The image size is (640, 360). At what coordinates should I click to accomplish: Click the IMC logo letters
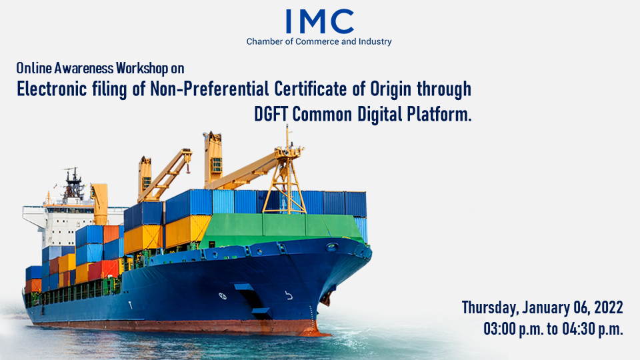tap(319, 21)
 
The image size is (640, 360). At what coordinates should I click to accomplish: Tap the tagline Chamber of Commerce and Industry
tap(319, 41)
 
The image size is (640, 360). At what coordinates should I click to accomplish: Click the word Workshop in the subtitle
tap(142, 68)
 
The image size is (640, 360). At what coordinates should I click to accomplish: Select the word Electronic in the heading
tap(51, 89)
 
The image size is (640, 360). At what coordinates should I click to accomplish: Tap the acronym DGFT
tap(271, 114)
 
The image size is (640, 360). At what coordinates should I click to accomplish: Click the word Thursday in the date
tap(490, 308)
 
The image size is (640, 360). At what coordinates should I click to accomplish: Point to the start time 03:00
tap(499, 329)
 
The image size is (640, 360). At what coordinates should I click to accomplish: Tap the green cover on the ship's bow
tap(281, 230)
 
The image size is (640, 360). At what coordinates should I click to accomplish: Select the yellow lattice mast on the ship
tap(285, 179)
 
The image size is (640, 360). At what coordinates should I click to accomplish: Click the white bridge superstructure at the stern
tap(61, 223)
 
